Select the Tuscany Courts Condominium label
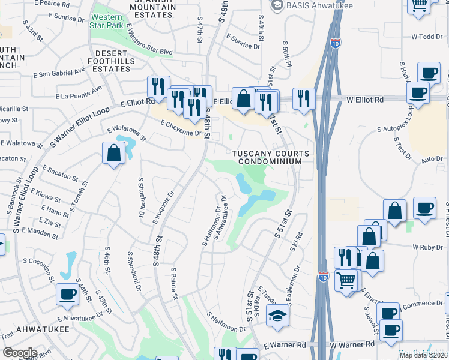coord(271,157)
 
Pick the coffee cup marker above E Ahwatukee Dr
coord(67,294)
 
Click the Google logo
coord(20,353)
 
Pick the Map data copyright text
coord(424,355)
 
